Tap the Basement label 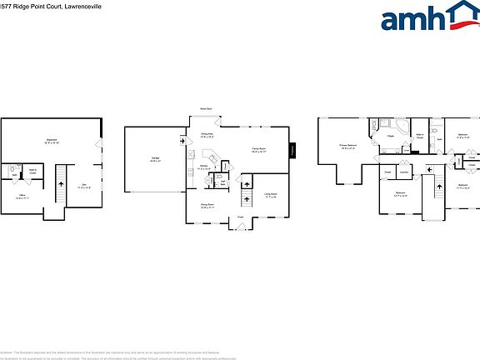tap(51, 140)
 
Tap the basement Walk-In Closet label tap(32, 172)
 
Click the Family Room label tap(259, 150)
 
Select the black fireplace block tap(293, 150)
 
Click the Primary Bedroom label tap(347, 146)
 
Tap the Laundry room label tap(403, 172)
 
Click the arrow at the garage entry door tap(182, 141)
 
